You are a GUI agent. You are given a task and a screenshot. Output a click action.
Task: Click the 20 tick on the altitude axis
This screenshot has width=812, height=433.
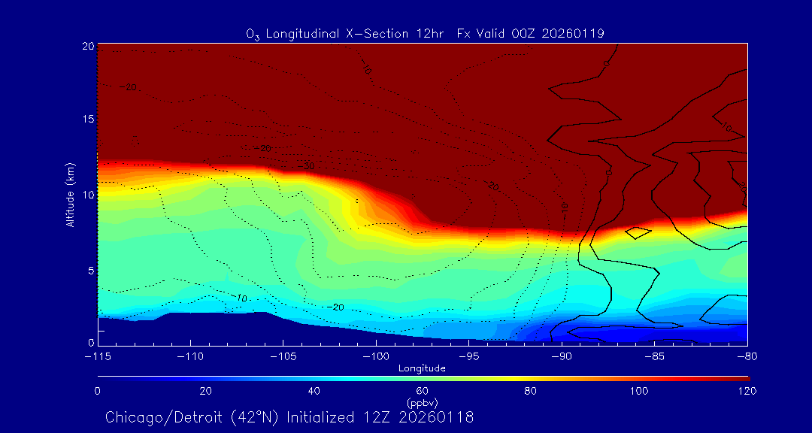(x=87, y=46)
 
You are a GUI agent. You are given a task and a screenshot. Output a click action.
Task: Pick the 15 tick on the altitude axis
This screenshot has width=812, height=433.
(x=87, y=120)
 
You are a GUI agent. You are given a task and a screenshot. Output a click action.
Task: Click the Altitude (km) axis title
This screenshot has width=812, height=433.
(x=70, y=195)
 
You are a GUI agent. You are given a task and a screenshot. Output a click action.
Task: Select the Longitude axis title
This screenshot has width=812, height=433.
(x=423, y=368)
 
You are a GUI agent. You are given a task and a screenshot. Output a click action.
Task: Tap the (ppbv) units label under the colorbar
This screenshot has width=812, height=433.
(x=423, y=402)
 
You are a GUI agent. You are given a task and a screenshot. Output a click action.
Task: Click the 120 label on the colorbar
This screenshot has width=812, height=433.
(x=747, y=391)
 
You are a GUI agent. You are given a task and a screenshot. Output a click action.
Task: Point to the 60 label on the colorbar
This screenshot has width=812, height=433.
(x=423, y=391)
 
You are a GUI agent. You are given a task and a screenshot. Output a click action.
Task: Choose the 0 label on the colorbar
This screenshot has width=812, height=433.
(x=98, y=391)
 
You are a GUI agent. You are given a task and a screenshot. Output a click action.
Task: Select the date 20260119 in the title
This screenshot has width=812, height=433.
(x=574, y=33)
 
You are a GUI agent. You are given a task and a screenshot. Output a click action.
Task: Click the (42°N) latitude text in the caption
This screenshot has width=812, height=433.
(x=249, y=417)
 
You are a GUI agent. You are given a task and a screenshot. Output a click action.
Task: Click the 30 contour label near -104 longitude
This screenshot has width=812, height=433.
(x=308, y=165)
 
